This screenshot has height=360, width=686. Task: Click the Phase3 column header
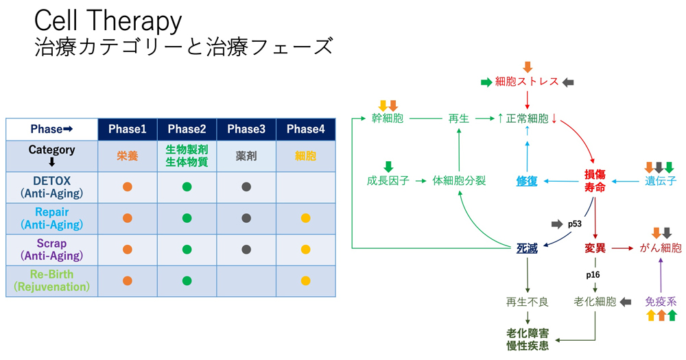[x=246, y=129]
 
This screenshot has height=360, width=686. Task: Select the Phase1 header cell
[x=128, y=129]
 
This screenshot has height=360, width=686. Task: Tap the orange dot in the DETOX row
[x=128, y=187]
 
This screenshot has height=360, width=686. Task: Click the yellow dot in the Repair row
[x=305, y=218]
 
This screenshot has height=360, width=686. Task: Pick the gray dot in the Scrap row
[x=246, y=250]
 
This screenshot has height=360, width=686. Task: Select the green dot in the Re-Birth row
[x=187, y=281]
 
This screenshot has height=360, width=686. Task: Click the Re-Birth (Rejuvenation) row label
[x=51, y=281]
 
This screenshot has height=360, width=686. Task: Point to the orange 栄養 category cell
[x=128, y=156]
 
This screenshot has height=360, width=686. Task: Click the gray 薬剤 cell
[x=246, y=156]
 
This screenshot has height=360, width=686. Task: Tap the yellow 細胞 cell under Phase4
[x=305, y=156]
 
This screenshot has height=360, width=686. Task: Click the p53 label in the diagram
[x=574, y=224]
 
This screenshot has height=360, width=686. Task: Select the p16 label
[x=593, y=275]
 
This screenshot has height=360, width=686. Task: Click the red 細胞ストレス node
[x=527, y=82]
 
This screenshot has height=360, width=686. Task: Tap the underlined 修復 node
[x=527, y=181]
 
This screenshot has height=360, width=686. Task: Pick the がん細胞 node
[x=660, y=248]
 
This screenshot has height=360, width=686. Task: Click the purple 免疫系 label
[x=661, y=302]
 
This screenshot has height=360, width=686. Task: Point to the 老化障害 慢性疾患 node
[x=527, y=339]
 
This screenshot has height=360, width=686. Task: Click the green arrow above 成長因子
[x=388, y=166]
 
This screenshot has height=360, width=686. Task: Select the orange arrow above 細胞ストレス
[x=527, y=67]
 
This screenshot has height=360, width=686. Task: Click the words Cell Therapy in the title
[x=108, y=21]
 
